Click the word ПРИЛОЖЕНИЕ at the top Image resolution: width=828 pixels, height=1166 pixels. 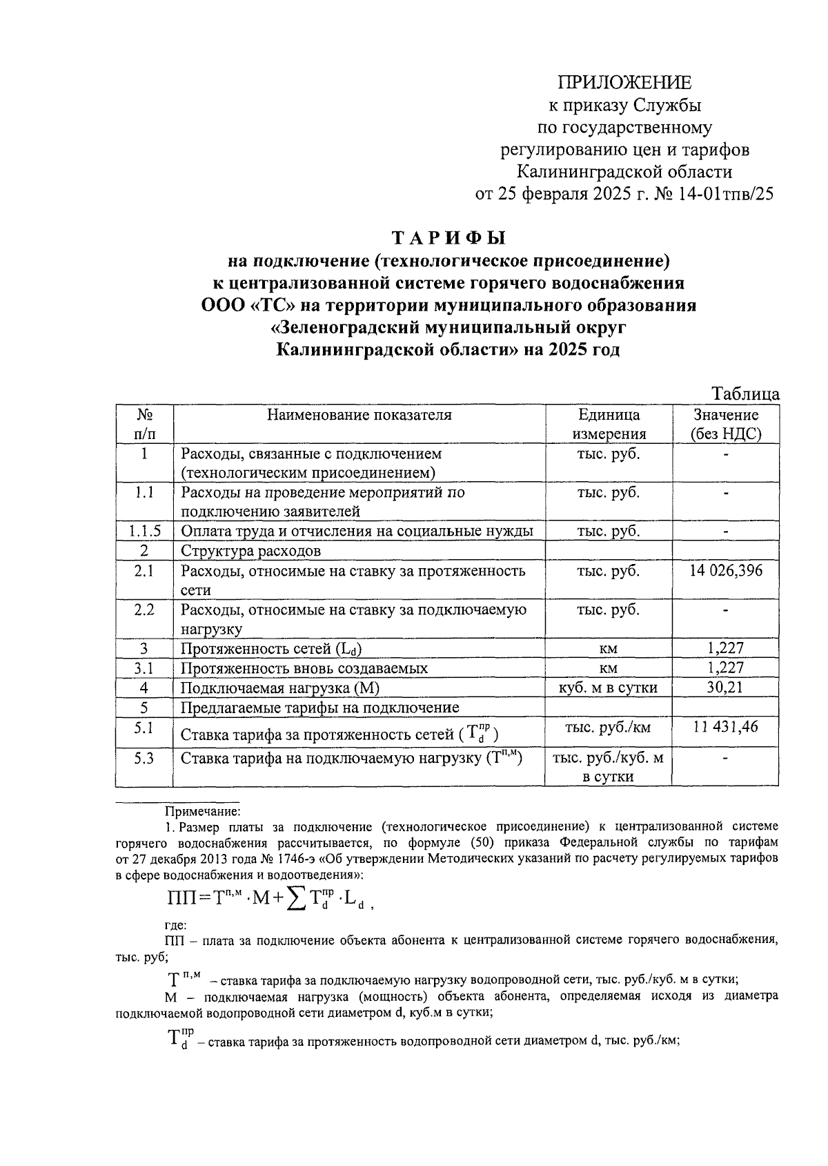pyautogui.click(x=624, y=83)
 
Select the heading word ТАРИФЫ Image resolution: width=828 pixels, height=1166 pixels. pyautogui.click(x=449, y=237)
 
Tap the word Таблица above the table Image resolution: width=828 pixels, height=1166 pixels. pyautogui.click(x=746, y=394)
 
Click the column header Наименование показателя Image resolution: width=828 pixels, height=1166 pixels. pyautogui.click(x=359, y=415)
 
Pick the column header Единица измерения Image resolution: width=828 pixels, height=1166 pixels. pyautogui.click(x=608, y=424)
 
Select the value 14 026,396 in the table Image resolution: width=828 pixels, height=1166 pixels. pyautogui.click(x=725, y=571)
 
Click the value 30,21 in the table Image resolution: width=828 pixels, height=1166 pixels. pyautogui.click(x=725, y=688)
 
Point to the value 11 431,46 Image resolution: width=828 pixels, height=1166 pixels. pyautogui.click(x=725, y=726)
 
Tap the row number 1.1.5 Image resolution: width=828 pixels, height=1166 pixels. pyautogui.click(x=144, y=531)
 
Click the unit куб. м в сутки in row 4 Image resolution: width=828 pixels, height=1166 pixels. pyautogui.click(x=608, y=688)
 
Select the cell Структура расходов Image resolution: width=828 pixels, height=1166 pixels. pyautogui.click(x=250, y=551)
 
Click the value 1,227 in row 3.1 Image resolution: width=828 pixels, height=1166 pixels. pyautogui.click(x=725, y=668)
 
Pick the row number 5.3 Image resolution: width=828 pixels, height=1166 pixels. pyautogui.click(x=144, y=758)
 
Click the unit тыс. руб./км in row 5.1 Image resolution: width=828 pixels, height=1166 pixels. pyautogui.click(x=608, y=727)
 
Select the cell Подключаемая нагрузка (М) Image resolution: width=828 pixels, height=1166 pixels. pyautogui.click(x=280, y=688)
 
